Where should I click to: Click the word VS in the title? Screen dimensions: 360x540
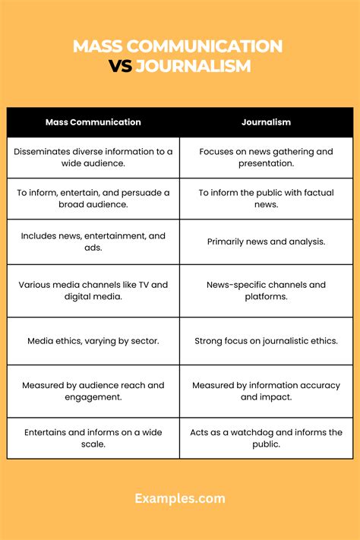(120, 67)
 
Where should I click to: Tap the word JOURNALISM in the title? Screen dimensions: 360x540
(193, 67)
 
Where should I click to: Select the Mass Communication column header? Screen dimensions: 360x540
(93, 122)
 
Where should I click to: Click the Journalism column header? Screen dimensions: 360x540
(266, 122)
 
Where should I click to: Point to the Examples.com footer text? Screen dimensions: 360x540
(180, 498)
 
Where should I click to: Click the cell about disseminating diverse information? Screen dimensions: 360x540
(93, 157)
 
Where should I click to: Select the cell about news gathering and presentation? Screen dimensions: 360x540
(266, 157)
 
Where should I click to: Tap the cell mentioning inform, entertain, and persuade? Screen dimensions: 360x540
(93, 199)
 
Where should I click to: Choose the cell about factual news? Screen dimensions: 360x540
(266, 199)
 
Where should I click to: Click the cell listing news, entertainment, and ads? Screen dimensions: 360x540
(93, 242)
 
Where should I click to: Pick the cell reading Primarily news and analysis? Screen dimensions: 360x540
(266, 242)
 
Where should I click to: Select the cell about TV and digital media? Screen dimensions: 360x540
(93, 291)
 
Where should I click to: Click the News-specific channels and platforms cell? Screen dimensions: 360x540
(266, 291)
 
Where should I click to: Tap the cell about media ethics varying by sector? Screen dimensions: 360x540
(93, 341)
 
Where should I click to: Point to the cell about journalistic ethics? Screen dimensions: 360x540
(266, 341)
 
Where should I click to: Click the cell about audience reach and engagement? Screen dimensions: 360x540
(93, 391)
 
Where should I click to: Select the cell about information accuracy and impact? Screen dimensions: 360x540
(266, 391)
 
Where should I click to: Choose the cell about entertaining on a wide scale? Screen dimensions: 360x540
(93, 438)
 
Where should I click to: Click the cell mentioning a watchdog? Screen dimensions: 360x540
(266, 438)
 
